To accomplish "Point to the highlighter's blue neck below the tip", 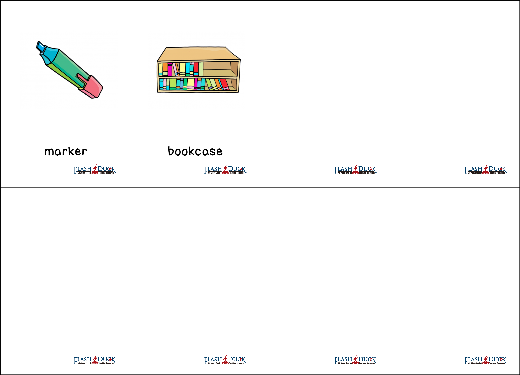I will coord(49,55).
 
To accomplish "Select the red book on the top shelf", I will coord(196,69).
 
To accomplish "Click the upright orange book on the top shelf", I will coord(165,69).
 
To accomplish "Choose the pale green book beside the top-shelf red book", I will coord(201,69).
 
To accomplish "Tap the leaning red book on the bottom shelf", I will coord(224,84).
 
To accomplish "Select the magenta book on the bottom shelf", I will coord(196,84).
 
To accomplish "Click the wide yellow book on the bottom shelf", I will coord(191,84).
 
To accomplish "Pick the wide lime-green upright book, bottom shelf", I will coord(173,84).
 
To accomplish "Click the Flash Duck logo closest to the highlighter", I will coord(95,170).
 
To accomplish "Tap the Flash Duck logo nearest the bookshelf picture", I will coord(225,170).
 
